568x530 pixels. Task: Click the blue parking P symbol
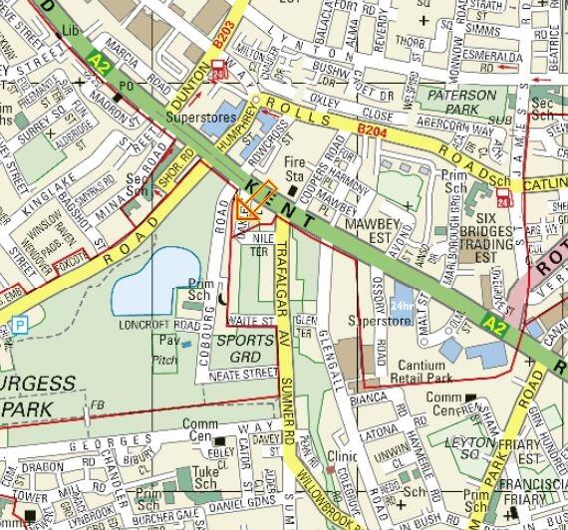click(18, 325)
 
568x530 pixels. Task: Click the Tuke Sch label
click(204, 475)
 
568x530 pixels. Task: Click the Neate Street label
click(242, 374)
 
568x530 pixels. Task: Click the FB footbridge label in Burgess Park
click(98, 404)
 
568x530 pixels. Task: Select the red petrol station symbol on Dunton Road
click(219, 70)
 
